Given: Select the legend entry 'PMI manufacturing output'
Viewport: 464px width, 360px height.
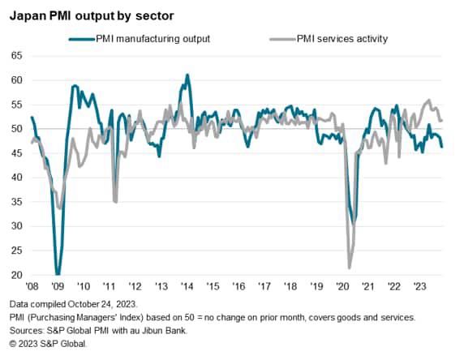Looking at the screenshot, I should coord(153,37).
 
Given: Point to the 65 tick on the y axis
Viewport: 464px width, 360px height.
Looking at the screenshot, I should coord(16,56).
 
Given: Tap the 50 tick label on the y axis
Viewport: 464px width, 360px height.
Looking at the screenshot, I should coord(16,129).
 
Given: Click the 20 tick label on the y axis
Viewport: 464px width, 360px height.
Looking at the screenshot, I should coord(16,276).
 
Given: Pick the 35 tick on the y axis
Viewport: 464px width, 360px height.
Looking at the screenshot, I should coord(16,203).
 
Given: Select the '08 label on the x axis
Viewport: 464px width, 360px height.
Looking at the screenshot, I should coord(32,286).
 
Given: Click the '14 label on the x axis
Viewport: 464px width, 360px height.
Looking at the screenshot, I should coord(187,286).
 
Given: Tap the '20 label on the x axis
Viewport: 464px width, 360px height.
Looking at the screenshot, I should coord(341,286).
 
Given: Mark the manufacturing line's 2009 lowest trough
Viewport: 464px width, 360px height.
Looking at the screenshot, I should coord(57,274).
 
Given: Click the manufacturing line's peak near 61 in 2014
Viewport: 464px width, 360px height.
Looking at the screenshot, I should coord(187,75).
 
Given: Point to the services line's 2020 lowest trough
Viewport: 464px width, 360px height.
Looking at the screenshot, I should coord(350,268).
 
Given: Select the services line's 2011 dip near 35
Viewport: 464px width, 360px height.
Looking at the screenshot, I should coord(115,201).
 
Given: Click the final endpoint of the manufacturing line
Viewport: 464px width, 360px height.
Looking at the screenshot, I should coord(442,147).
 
